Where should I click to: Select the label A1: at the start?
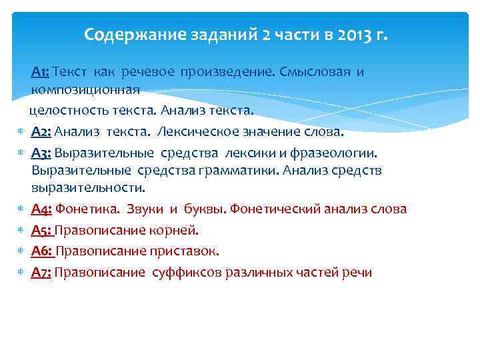[x=40, y=71]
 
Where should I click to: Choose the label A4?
[x=41, y=209]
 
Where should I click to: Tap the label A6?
[x=41, y=251]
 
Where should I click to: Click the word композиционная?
[x=85, y=89]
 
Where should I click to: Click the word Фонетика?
[x=87, y=209]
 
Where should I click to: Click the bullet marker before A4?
[x=20, y=209]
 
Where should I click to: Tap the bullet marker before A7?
[x=20, y=273]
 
